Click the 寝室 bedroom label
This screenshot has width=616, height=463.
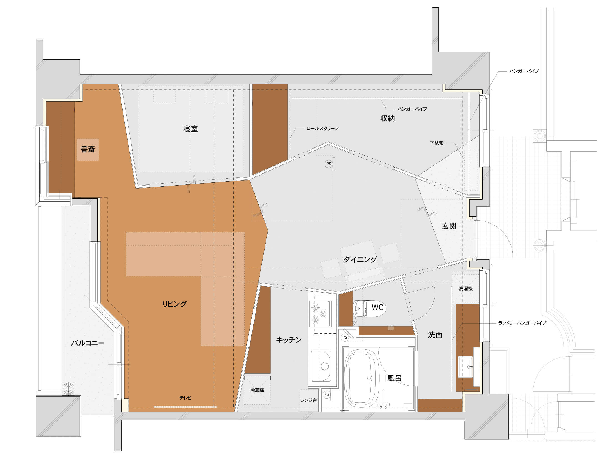pos(191,129)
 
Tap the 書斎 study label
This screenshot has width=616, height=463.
pos(88,149)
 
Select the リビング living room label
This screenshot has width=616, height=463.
pos(174,304)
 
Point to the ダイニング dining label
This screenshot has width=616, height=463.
pos(360,259)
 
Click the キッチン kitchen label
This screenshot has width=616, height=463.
pos(289,340)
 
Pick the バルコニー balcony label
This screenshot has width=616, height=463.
pos(88,343)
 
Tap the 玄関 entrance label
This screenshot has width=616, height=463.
pos(449,226)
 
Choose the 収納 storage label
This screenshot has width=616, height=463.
pos(387,118)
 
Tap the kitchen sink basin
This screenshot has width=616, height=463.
pos(321,366)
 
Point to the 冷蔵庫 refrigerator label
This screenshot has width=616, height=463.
pos(257,390)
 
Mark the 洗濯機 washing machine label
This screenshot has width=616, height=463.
pos(466,288)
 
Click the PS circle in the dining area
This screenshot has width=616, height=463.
pos(329,164)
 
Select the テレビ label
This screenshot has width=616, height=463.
pos(186,398)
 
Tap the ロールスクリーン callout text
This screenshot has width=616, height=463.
pos(322,128)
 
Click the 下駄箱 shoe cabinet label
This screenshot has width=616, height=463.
pos(437,143)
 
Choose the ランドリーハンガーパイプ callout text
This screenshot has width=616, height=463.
pos(522,323)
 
